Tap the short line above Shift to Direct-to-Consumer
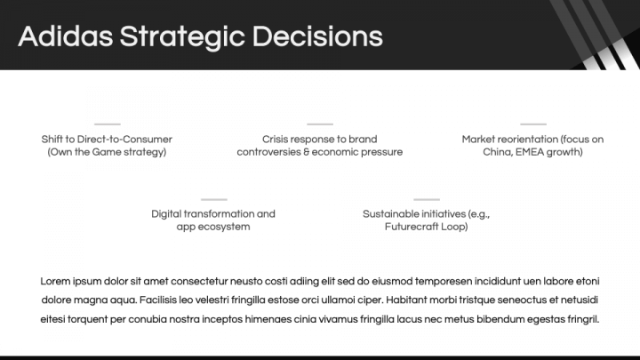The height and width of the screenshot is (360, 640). click(107, 124)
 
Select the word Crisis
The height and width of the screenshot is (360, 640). click(276, 140)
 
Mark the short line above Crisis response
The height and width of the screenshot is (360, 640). click(320, 124)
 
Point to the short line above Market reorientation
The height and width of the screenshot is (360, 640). click(533, 124)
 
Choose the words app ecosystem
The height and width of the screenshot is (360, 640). click(213, 227)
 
